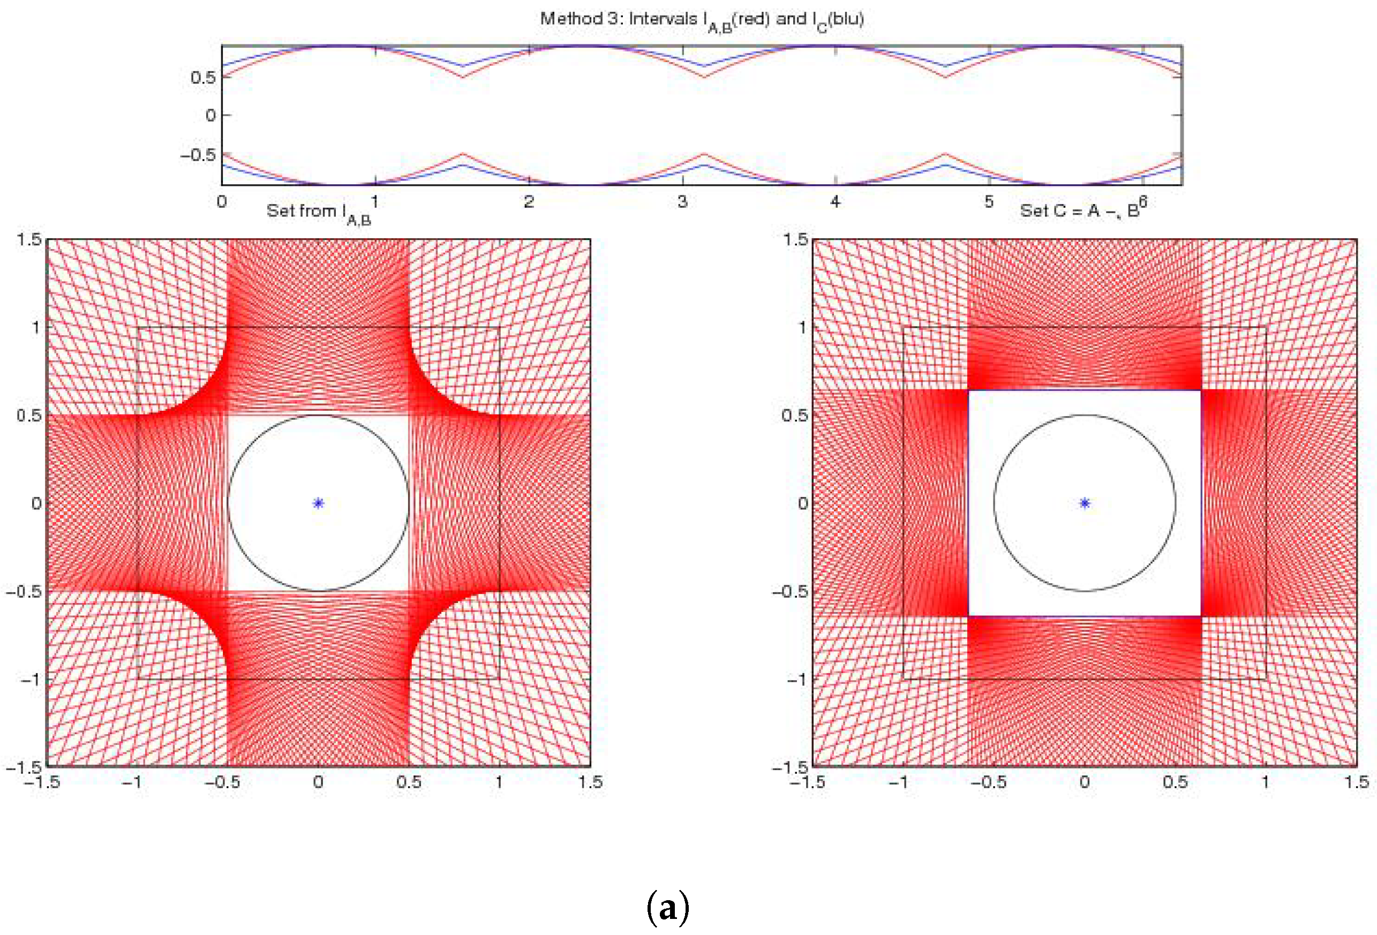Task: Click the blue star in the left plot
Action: [318, 503]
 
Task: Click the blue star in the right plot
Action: [1084, 503]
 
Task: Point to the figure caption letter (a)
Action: [668, 907]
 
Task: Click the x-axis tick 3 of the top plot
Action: [682, 202]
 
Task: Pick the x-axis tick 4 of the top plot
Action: [835, 202]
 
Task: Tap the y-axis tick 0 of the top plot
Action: [210, 116]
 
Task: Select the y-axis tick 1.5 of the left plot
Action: [28, 239]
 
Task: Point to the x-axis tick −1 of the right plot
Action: [898, 781]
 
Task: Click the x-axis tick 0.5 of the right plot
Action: [1175, 781]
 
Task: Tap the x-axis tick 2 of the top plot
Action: [529, 202]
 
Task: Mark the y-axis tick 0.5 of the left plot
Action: [28, 415]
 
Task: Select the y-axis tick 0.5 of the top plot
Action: [202, 78]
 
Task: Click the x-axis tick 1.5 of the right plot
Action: [1356, 781]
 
